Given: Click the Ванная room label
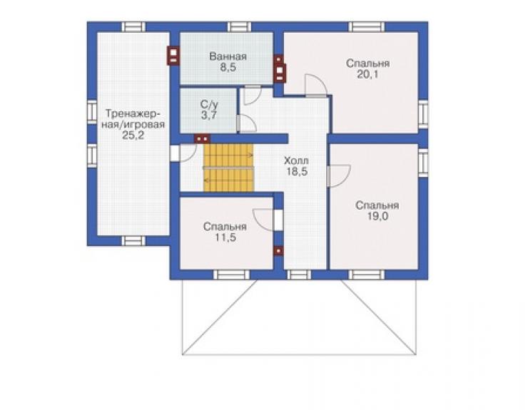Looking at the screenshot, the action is point(228,56).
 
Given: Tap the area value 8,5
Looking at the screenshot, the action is point(228,67).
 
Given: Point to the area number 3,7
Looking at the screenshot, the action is point(209,116).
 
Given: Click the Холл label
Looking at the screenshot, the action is point(296,160).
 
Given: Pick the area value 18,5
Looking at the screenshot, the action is point(297,172).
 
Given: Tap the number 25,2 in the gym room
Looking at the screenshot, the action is point(133,135).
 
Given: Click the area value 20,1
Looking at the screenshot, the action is point(367,74).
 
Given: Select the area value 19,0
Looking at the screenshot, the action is point(377,217).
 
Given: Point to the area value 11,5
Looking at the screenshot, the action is point(225,237).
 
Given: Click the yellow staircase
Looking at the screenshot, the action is point(228,168).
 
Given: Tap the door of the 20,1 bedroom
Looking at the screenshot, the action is point(315,86).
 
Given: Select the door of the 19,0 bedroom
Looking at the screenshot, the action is point(338,175).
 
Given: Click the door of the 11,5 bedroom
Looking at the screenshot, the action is point(264,220).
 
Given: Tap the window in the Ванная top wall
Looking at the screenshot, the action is point(239,27).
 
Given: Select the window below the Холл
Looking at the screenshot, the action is point(299,275).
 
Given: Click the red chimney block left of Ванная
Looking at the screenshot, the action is point(173,55).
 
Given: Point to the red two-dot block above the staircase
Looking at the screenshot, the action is point(202,138).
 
